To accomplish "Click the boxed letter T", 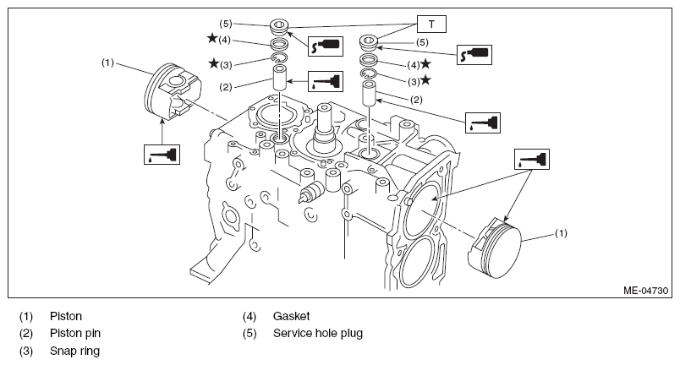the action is (x=431, y=25).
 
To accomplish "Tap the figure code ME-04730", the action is (x=645, y=291).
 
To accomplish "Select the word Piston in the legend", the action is (x=66, y=316).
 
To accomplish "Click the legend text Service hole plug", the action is (x=318, y=334).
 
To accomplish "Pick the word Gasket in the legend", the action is (x=292, y=316).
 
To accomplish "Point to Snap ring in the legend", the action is (x=74, y=351).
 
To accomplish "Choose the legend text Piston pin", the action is (x=75, y=334).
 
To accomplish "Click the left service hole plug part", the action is (x=279, y=27).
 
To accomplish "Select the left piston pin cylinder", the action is (x=279, y=78).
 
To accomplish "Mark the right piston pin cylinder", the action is (x=369, y=93).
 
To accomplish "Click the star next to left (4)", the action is (x=212, y=38).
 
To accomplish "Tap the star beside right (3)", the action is (x=426, y=79).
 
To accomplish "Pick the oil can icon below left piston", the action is (x=162, y=155).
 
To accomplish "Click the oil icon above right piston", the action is (x=532, y=160).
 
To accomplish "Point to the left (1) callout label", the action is (x=107, y=63).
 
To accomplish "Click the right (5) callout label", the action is (x=422, y=42).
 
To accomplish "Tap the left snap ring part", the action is (x=279, y=58).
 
